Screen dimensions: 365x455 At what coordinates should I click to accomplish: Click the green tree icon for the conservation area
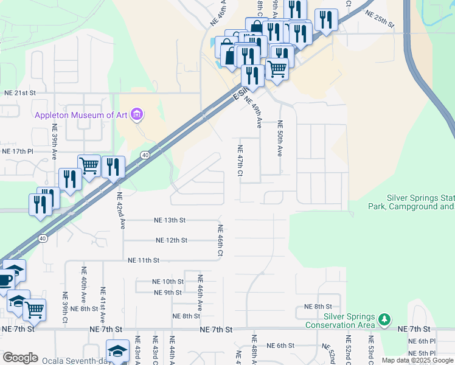pyautogui.click(x=384, y=319)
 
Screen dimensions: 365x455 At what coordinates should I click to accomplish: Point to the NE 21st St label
pyautogui.click(x=21, y=93)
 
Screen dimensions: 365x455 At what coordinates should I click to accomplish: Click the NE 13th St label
pyautogui.click(x=170, y=220)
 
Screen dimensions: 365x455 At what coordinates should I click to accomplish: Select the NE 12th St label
pyautogui.click(x=172, y=240)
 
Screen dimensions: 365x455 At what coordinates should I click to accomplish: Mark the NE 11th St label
pyautogui.click(x=144, y=260)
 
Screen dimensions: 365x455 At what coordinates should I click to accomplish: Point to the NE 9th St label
pyautogui.click(x=168, y=293)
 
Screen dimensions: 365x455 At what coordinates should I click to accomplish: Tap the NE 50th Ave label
pyautogui.click(x=280, y=142)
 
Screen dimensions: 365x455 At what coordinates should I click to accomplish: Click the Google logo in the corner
pyautogui.click(x=20, y=358)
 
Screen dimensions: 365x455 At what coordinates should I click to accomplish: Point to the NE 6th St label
pyautogui.click(x=280, y=346)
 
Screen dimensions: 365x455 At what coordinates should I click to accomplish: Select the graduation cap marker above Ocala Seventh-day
pyautogui.click(x=117, y=351)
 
